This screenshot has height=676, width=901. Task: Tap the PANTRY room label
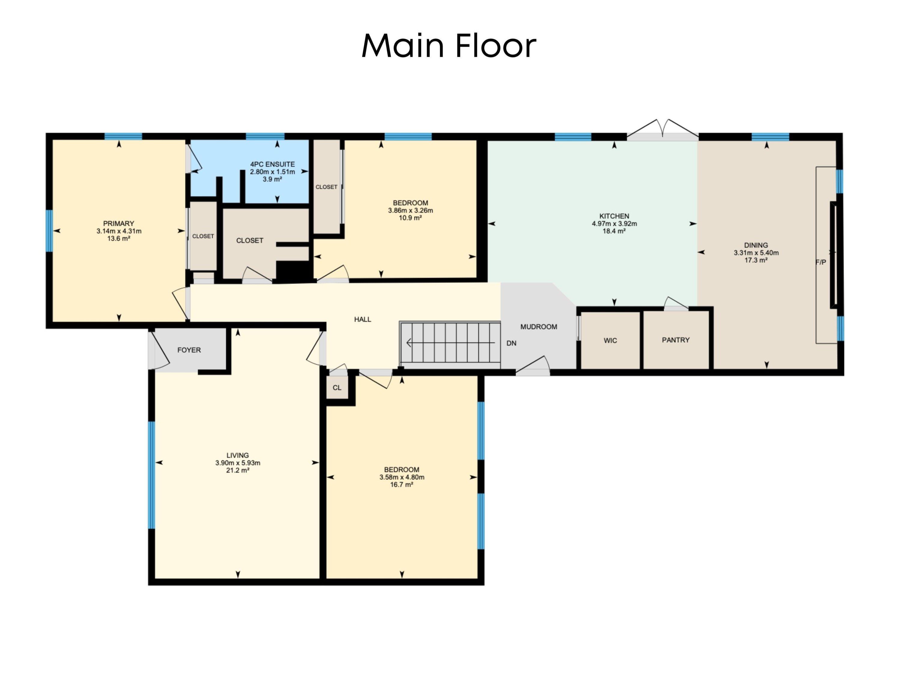tap(675, 340)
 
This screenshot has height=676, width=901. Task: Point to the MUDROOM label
tap(538, 327)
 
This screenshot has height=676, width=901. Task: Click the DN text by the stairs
tap(511, 343)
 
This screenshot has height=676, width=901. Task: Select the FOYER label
tap(189, 350)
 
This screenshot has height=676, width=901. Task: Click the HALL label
tap(362, 319)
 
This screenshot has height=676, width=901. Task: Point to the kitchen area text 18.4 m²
tap(614, 231)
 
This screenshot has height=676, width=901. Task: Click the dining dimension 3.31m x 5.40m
tap(756, 252)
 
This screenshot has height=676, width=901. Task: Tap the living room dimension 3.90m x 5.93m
tap(238, 463)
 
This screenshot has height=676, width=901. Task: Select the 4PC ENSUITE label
tap(272, 164)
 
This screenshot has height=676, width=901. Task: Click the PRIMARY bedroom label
tap(119, 223)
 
